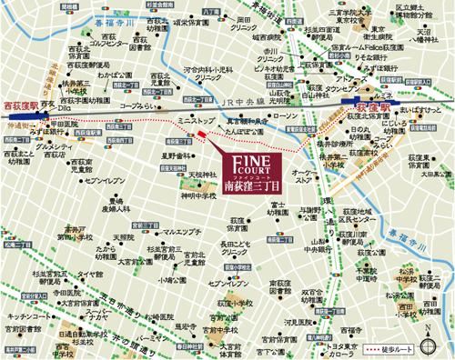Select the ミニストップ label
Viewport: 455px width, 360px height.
[195, 120]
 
